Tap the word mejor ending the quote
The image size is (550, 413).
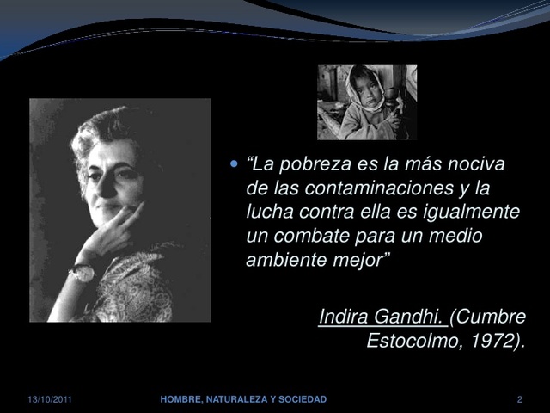coord(366,259)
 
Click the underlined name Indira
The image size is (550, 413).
coord(344,317)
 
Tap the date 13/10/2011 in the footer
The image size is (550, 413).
coord(50,400)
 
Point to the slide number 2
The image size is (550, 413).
coord(519,400)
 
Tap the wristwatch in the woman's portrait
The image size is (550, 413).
coord(82,274)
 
